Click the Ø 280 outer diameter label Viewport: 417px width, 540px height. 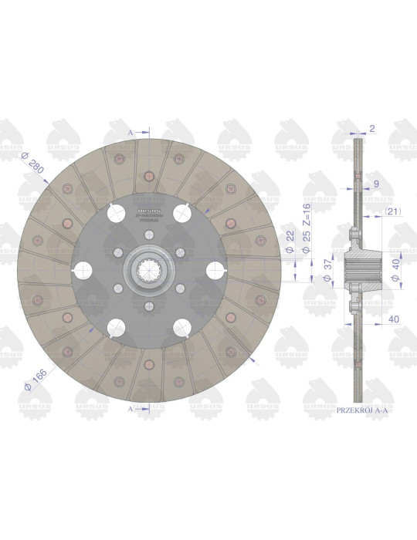[32, 164]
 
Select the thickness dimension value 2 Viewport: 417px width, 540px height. [371, 130]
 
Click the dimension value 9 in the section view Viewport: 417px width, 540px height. [375, 184]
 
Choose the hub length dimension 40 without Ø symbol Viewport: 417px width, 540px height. [393, 317]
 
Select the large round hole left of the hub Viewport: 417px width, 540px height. [83, 270]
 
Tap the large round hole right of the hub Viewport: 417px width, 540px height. [213, 270]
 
